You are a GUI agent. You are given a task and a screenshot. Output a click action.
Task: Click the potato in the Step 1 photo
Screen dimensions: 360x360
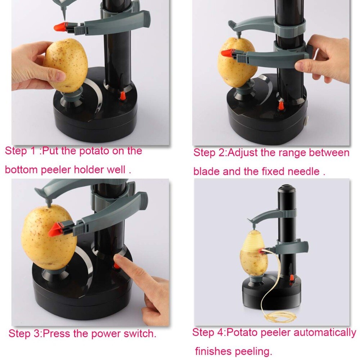coord(67,65)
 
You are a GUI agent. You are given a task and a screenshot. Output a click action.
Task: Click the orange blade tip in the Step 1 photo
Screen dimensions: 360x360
coord(60,27)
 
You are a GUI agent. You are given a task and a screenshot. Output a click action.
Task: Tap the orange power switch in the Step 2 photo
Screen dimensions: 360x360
coord(280,106)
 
